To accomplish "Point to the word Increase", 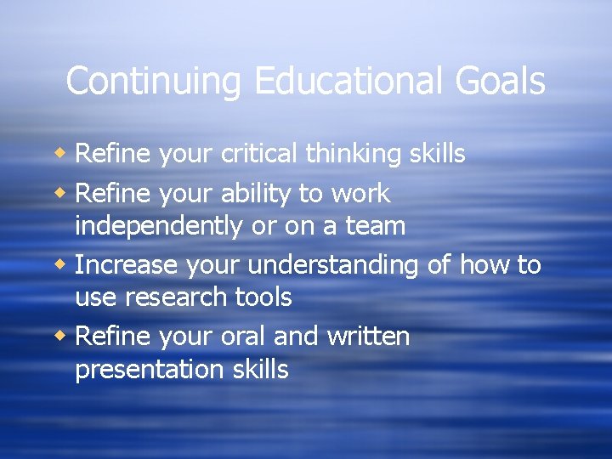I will (127, 265).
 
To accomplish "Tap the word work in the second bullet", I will (360, 194).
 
